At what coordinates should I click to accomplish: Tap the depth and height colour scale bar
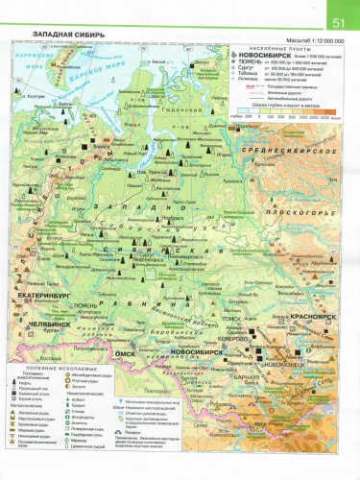pyautogui.click(x=289, y=109)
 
